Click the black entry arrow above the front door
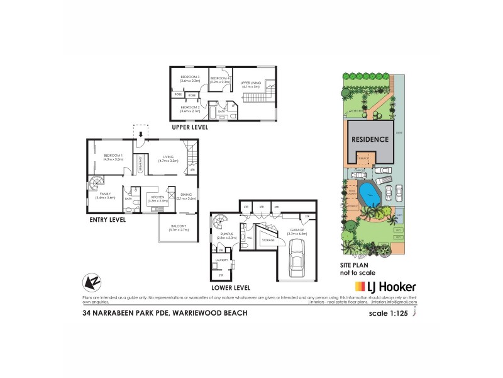click(141, 133)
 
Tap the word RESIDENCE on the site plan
click(370, 138)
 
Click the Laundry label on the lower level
click(221, 260)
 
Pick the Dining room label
click(186, 196)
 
